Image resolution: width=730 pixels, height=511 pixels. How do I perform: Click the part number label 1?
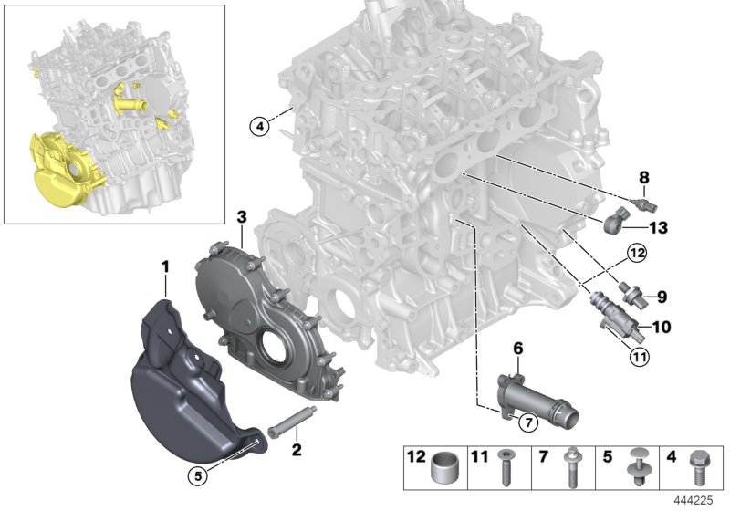tap(165, 266)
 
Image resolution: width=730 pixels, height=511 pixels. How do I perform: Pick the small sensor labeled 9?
tap(632, 294)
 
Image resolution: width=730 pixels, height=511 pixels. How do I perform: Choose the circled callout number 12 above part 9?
tap(635, 252)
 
